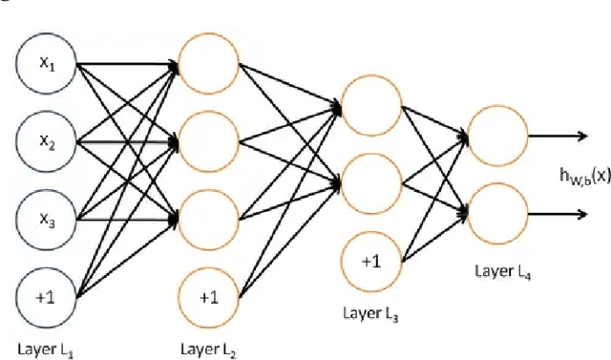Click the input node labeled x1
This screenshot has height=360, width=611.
point(46,67)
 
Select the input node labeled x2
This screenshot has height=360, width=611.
point(46,144)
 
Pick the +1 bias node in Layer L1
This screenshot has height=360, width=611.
point(46,295)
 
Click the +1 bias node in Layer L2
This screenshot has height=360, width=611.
point(207,295)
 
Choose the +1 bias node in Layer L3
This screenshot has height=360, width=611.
point(370,261)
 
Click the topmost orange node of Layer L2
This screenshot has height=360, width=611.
point(207,67)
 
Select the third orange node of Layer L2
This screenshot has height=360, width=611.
point(207,219)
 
